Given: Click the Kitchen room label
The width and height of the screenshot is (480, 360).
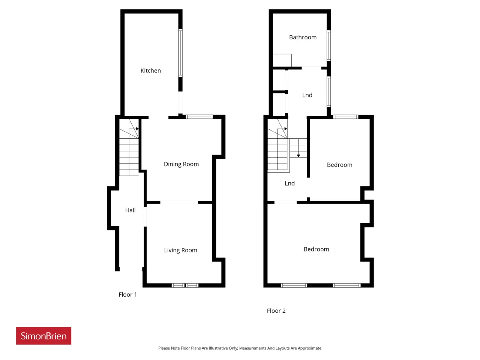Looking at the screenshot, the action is coord(150,70).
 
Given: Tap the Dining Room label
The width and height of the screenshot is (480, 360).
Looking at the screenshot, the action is coord(181,164).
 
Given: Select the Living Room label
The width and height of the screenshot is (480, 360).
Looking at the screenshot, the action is coord(181,250).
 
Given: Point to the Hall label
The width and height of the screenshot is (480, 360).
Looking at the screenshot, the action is coord(130,210).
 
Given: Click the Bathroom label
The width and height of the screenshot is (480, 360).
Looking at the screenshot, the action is coord(303,37).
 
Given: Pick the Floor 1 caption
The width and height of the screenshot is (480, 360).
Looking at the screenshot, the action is coord(128,295).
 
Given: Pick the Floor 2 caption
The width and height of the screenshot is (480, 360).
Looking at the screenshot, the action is coord(276,311).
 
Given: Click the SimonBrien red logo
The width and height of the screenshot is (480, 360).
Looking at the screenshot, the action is coord(43,336).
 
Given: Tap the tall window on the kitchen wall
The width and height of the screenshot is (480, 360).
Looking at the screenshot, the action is coord(180,53).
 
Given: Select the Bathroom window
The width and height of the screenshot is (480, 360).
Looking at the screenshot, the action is coord(328,45).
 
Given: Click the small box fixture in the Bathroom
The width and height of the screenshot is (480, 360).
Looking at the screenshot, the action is coord(282,60).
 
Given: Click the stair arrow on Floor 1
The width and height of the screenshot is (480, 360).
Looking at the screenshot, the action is coord(137,129).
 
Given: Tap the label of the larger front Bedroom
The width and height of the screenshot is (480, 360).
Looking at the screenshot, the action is coord(316,249).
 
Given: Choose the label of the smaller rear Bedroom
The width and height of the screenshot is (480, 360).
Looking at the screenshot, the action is coord(340,165).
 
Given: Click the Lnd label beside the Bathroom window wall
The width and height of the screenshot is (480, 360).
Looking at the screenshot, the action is coord(307,95).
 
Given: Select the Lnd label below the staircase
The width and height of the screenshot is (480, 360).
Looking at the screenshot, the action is coord(289,183).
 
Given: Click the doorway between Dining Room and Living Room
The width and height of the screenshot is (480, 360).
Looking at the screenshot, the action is coord(179,202).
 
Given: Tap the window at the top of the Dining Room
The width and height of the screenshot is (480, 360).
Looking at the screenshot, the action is coord(199,117).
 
